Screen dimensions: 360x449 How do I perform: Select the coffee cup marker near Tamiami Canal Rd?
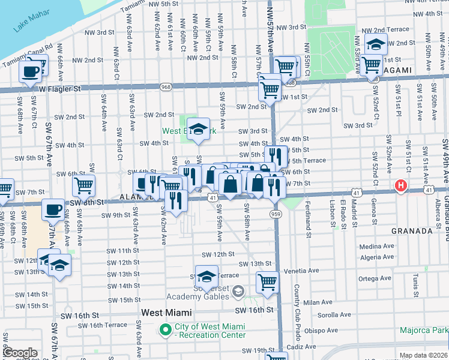tap(31, 72)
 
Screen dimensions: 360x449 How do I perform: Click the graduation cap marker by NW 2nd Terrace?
tap(376, 44)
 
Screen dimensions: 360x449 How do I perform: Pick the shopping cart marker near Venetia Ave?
tap(267, 281)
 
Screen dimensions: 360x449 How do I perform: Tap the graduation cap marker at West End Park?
tap(198, 129)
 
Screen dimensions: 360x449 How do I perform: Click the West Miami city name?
tap(166, 313)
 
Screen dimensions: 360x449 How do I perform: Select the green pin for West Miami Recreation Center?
tap(164, 329)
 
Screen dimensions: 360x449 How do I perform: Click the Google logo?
tap(20, 353)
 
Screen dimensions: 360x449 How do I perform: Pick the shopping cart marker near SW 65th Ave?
tap(83, 185)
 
